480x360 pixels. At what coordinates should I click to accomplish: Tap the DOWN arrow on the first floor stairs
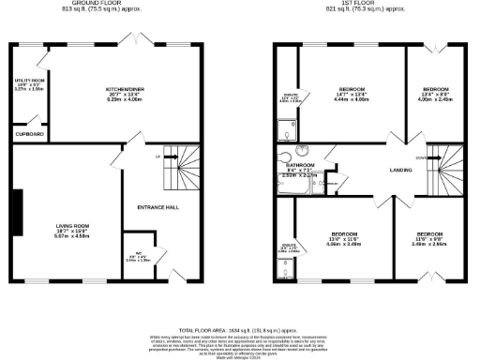pyautogui.click(x=419, y=158)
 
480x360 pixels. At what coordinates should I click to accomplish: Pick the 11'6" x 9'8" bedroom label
pyautogui.click(x=429, y=234)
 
